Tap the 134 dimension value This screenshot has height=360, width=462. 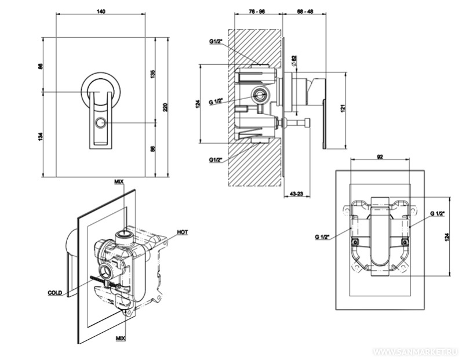(x=40, y=136)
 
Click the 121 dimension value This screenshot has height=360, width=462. (x=343, y=108)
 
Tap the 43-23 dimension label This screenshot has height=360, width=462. (x=296, y=193)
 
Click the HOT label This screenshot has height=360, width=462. (x=183, y=232)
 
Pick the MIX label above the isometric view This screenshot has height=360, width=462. (x=119, y=182)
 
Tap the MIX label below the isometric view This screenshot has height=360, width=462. (x=120, y=337)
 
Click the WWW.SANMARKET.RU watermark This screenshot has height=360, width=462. (x=416, y=351)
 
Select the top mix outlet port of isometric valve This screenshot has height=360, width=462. (x=123, y=235)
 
